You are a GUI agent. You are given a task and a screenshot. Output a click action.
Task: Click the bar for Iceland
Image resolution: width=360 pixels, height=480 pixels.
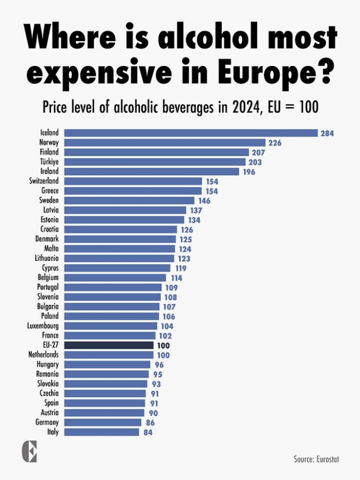(x=191, y=133)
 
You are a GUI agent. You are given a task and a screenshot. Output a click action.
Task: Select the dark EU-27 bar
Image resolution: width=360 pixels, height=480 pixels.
(x=109, y=345)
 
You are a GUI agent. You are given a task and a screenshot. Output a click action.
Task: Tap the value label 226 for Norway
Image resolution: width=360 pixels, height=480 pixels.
(x=274, y=143)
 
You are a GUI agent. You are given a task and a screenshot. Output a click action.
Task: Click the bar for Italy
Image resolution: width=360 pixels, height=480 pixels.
(x=102, y=432)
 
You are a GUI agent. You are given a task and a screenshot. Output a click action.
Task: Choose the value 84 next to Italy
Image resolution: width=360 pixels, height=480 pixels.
(x=147, y=432)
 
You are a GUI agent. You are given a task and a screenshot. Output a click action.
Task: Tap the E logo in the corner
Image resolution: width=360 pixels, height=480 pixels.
(x=29, y=451)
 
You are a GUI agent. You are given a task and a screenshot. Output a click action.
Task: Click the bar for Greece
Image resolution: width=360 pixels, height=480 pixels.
(x=133, y=191)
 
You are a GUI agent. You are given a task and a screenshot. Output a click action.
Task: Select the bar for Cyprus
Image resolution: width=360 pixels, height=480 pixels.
(x=117, y=268)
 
